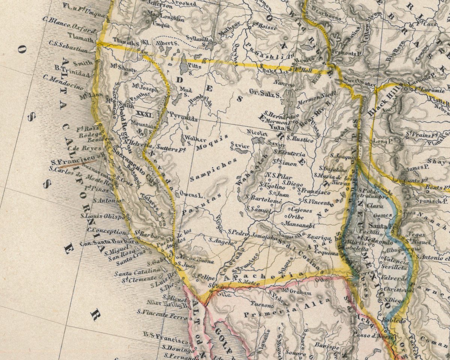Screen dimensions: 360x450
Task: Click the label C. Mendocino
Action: [63, 82]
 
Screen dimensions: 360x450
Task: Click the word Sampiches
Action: [213, 170]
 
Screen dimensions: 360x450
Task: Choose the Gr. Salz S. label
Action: [265, 93]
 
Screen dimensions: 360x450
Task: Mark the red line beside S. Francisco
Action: [77, 163]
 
